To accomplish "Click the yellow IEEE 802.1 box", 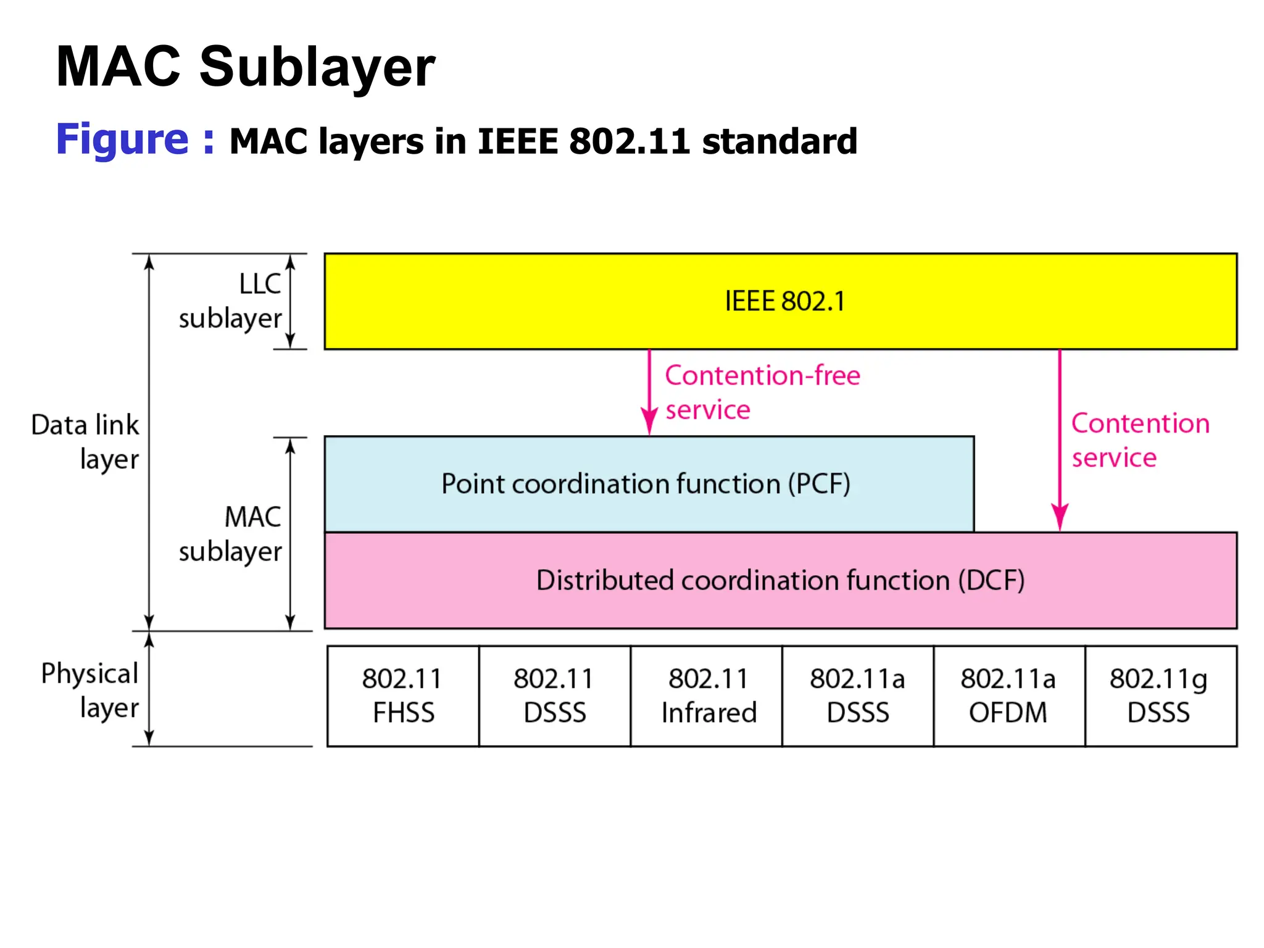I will point(780,301).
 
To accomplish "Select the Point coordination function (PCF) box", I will point(648,484).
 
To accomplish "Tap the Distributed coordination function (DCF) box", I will point(780,580).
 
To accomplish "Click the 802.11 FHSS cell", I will point(403,696).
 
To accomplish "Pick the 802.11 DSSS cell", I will point(554,696).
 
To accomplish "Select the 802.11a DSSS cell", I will point(858,696).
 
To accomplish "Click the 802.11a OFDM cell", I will point(1009,696).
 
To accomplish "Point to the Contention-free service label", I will point(762,393).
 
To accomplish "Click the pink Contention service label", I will point(1139,440).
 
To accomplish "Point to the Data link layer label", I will point(86,442).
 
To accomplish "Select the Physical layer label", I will point(90,690).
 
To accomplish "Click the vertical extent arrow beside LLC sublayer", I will point(290,302).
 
